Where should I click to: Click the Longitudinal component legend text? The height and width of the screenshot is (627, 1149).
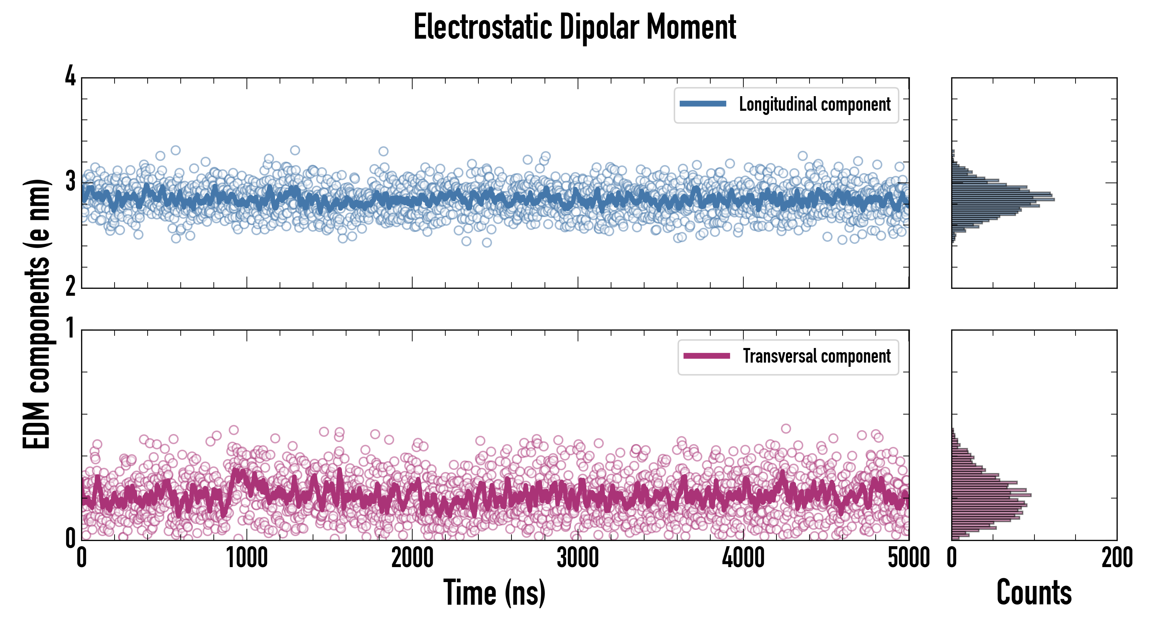(x=814, y=104)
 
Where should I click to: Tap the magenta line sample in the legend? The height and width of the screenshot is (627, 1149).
(x=706, y=356)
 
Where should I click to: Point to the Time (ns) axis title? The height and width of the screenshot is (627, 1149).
(x=494, y=593)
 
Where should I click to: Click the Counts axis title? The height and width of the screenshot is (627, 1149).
(x=1034, y=593)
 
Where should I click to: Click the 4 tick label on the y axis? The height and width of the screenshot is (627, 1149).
(x=70, y=77)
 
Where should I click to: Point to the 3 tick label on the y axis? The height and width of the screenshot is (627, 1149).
(x=70, y=181)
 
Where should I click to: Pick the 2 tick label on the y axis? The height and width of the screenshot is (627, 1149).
(x=70, y=286)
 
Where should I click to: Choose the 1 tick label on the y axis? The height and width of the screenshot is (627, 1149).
(x=70, y=329)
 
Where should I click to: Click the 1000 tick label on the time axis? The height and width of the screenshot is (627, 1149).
(x=247, y=558)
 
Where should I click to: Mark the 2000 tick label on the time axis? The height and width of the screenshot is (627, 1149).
(x=412, y=558)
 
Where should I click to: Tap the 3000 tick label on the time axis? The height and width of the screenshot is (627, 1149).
(x=578, y=558)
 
